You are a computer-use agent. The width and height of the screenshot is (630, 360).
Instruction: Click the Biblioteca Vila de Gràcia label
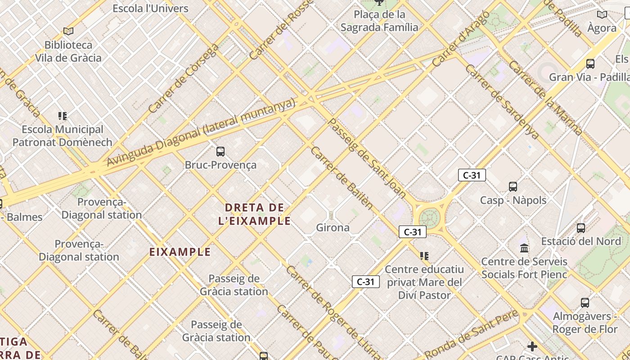pos(68,51)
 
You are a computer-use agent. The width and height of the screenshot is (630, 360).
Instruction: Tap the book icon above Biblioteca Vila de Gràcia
pos(68,31)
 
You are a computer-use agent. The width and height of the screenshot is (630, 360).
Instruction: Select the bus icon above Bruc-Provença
pos(220,152)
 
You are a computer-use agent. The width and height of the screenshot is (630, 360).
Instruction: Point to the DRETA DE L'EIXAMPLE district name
pos(255,214)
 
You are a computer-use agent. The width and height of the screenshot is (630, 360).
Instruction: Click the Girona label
pos(333,228)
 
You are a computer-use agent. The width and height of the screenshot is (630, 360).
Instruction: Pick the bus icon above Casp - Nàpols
pos(513,186)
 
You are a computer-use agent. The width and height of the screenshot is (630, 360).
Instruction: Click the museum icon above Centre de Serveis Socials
pos(524,248)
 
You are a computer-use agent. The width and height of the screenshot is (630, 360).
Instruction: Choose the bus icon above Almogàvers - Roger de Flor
pos(585,302)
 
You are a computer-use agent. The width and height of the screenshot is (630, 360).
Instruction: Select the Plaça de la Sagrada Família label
pos(379,21)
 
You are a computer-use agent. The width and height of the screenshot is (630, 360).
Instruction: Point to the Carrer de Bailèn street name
pos(342,178)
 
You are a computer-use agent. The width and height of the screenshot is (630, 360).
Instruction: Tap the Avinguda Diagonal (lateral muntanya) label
pos(201,133)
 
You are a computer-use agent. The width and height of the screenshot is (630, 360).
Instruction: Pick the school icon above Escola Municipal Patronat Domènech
pos(63,116)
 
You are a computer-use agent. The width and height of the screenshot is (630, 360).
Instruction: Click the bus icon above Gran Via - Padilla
pos(590,64)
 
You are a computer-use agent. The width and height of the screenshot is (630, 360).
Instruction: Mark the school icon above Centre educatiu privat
pos(424,256)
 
